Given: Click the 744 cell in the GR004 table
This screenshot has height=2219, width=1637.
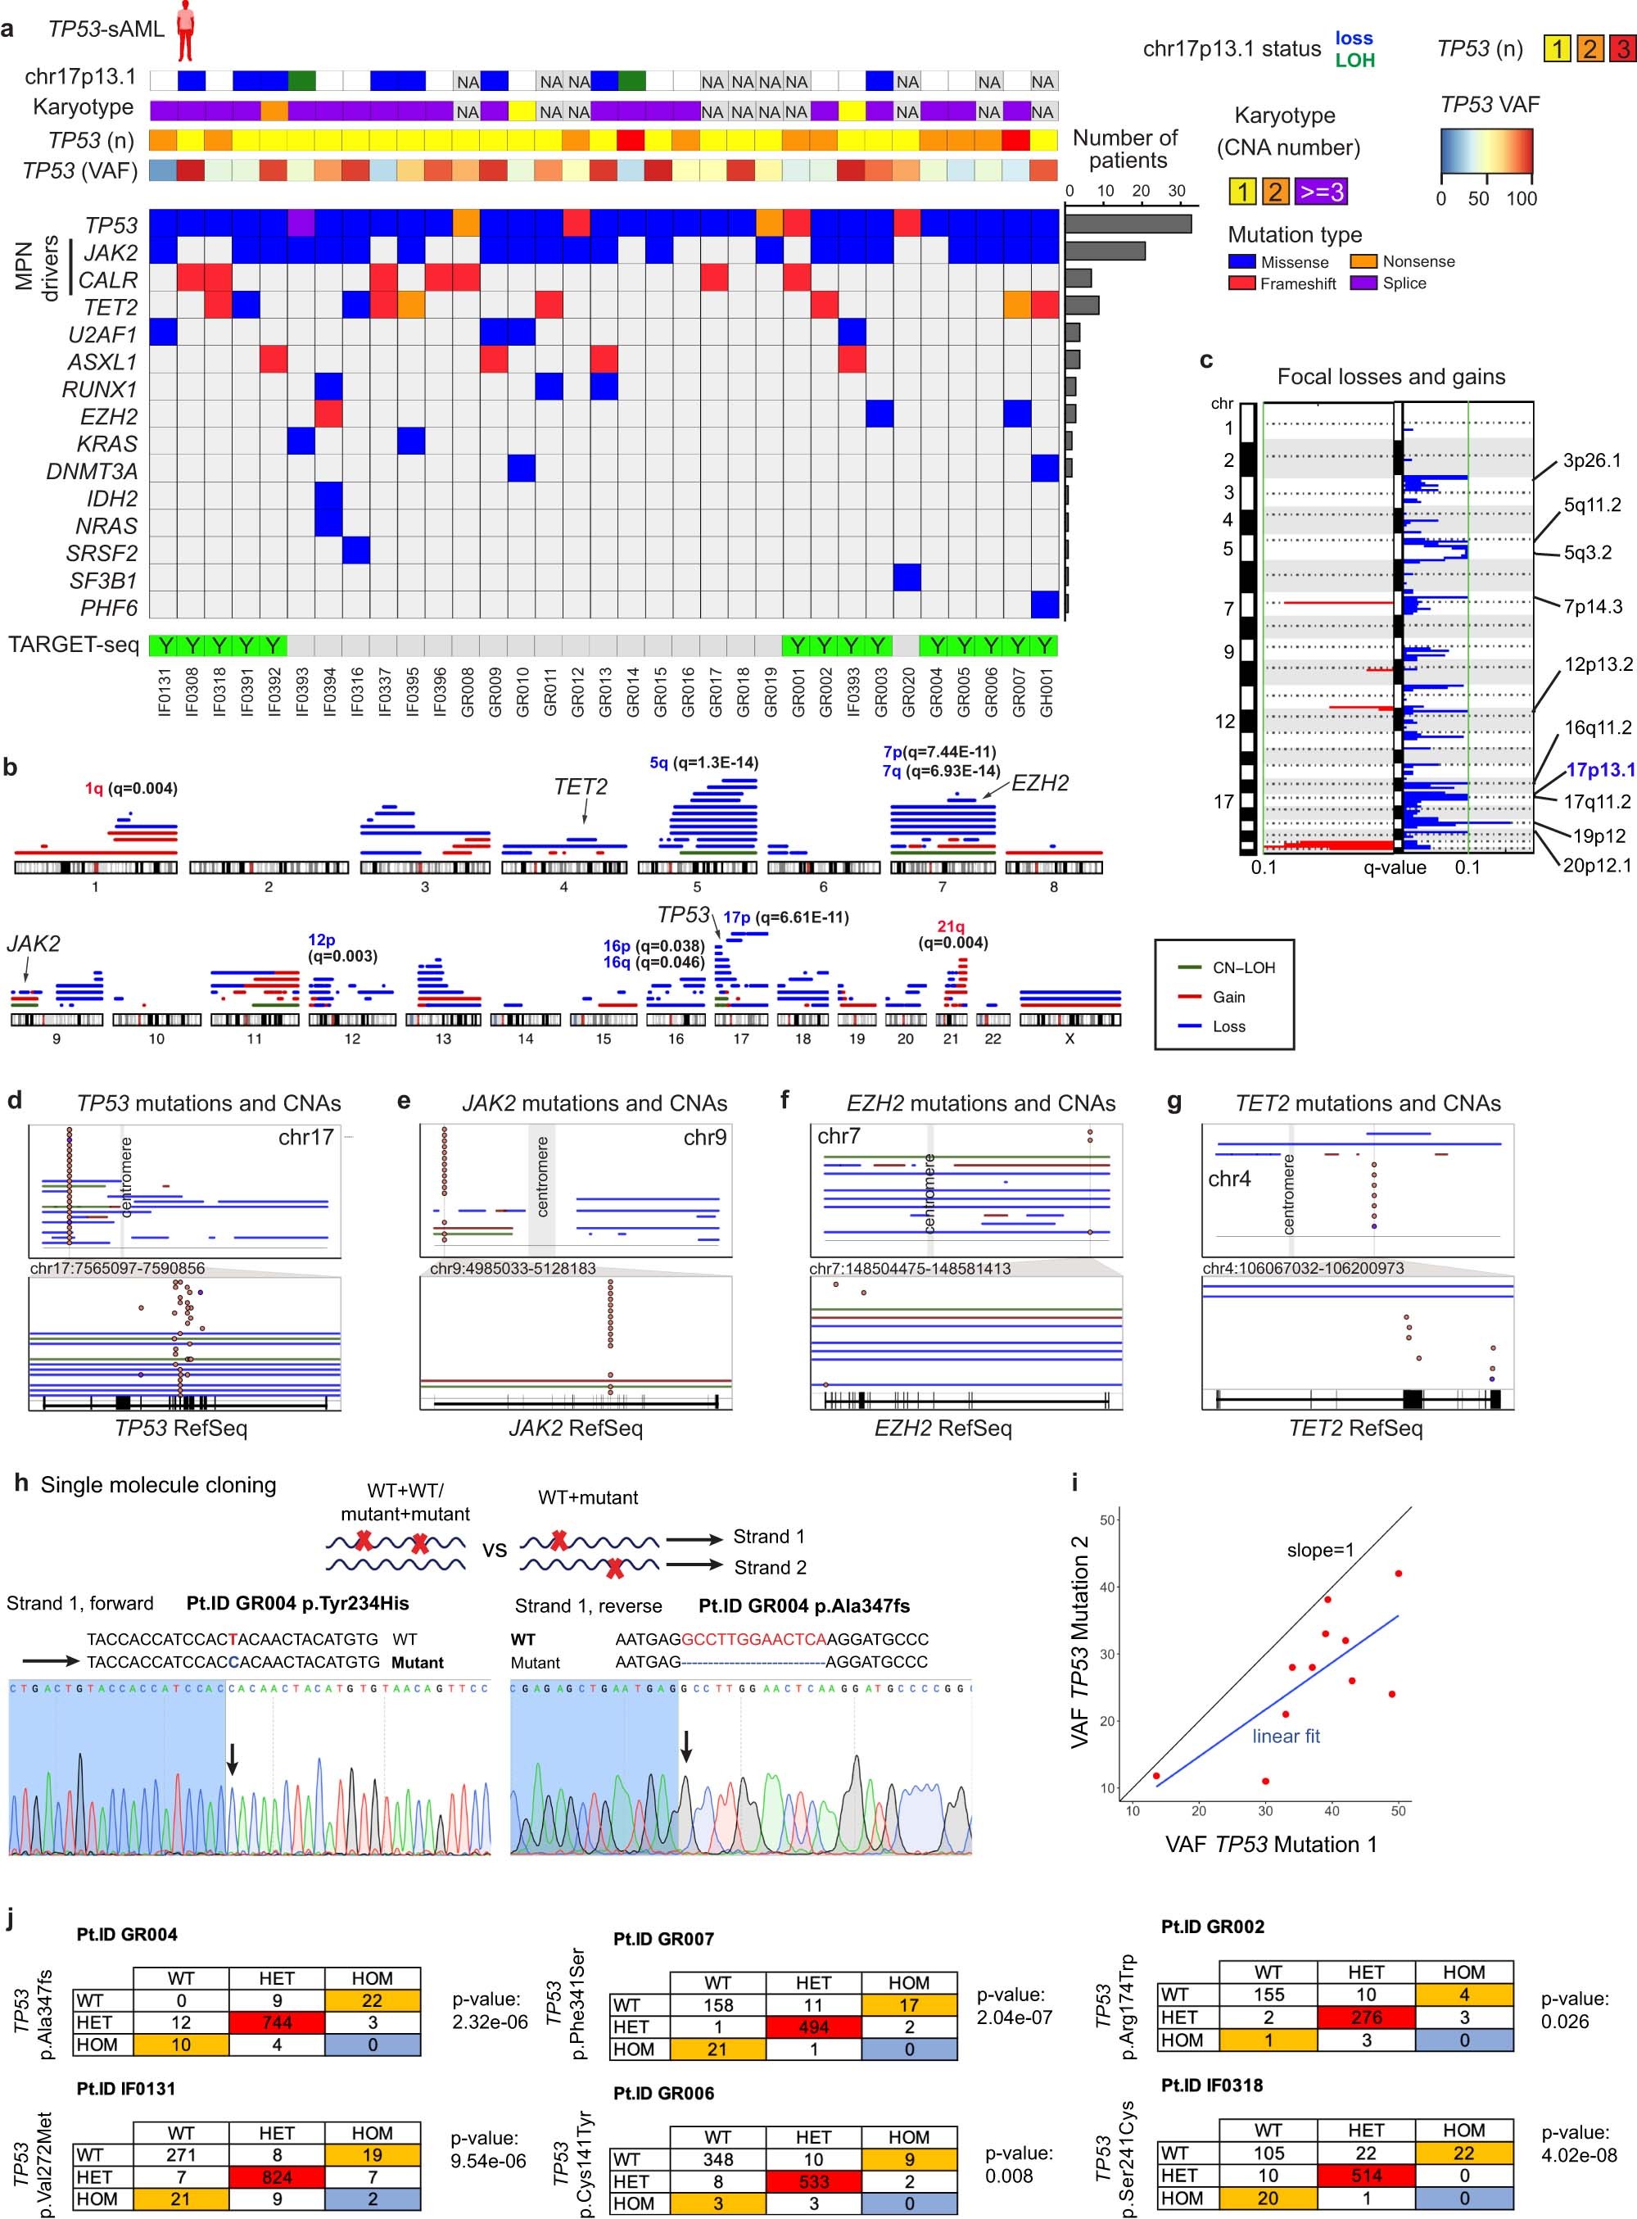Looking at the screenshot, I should click(277, 2022).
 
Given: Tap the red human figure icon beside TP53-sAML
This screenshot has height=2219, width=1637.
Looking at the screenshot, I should click(184, 29).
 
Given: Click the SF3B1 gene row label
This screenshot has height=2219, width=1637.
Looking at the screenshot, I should click(103, 581).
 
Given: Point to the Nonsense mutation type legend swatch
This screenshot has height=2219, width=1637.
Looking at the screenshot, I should click(1363, 261).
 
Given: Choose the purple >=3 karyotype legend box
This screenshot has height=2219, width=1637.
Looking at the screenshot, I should click(1321, 192).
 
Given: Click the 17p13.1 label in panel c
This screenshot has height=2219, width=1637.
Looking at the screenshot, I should click(1600, 770).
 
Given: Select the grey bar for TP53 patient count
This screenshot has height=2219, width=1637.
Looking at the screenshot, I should click(1128, 224).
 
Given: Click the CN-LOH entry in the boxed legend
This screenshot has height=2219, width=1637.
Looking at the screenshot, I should click(1244, 967).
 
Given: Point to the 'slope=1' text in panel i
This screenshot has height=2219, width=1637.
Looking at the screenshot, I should click(1320, 1550).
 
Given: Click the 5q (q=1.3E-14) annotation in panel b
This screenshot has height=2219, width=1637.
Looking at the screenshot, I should click(703, 763).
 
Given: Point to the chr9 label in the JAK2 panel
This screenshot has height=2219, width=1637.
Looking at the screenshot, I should click(703, 1138).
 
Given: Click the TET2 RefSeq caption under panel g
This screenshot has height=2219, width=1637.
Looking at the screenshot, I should click(1354, 1428).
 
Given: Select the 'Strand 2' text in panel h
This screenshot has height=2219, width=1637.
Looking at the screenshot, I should click(769, 1567).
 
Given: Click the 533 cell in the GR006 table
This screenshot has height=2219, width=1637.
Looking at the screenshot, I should click(812, 2181).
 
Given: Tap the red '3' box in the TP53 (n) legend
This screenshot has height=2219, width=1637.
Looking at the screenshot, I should click(1623, 48).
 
